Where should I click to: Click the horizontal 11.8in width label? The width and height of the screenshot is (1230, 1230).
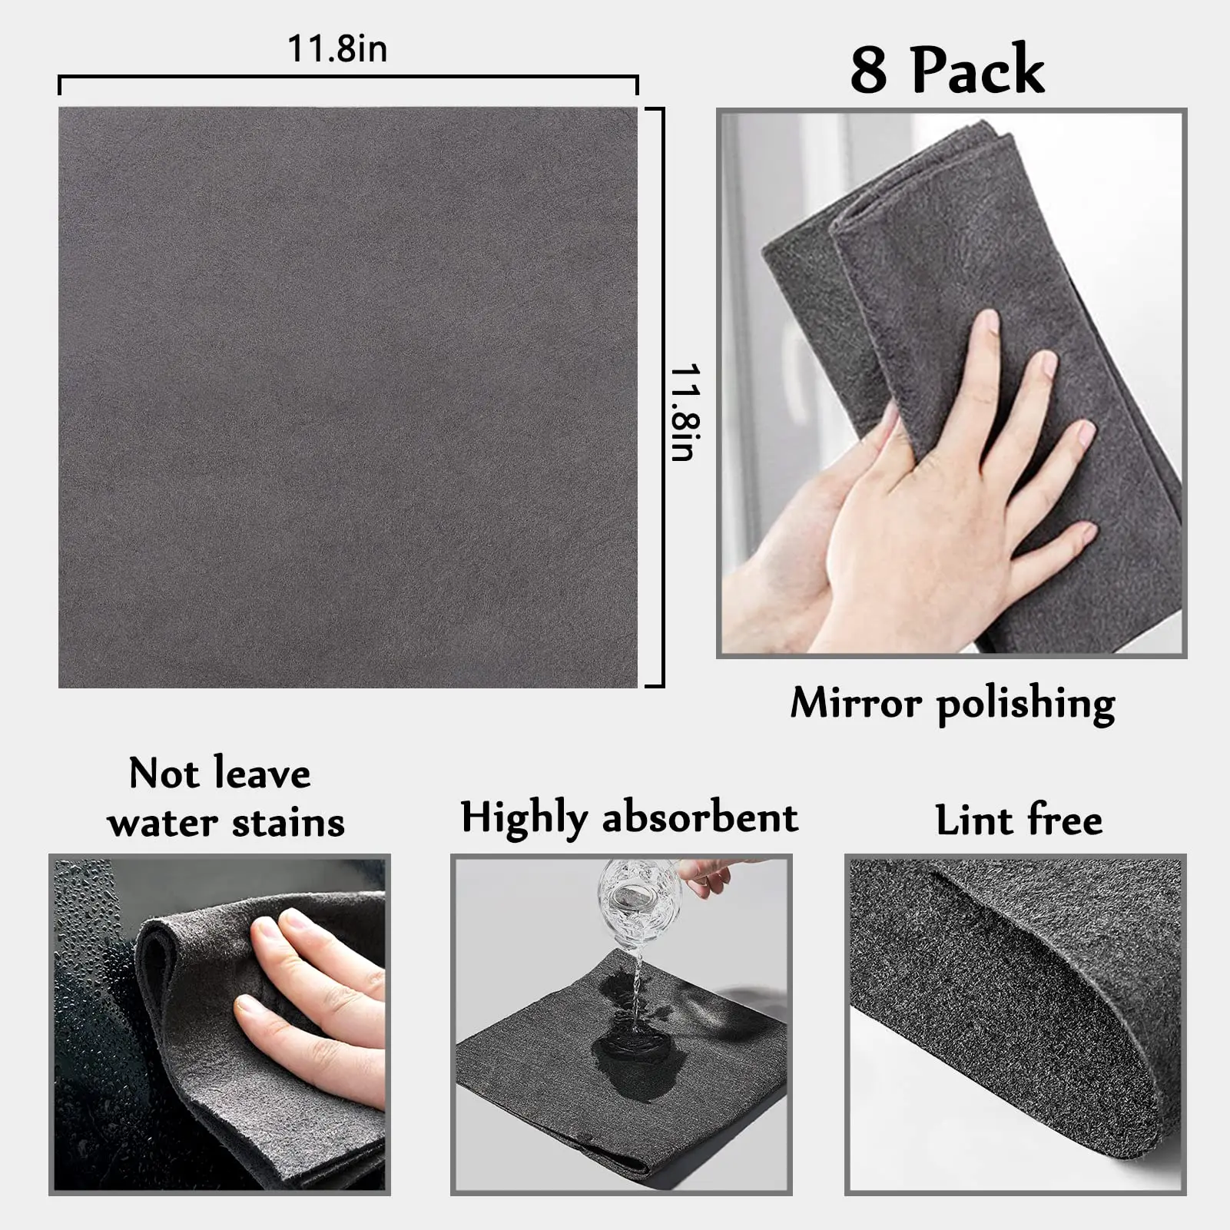point(337,49)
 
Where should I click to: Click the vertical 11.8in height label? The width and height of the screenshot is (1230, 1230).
point(683,413)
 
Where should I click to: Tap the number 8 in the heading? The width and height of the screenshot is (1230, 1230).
point(868,70)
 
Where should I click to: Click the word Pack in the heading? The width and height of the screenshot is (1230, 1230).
point(977,70)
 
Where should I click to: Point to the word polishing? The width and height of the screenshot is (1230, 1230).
point(1026,704)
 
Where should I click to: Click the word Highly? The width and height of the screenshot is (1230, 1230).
point(523,818)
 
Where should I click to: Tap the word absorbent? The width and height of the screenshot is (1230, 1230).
point(700,817)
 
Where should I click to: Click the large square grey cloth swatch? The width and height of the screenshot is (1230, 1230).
point(347,396)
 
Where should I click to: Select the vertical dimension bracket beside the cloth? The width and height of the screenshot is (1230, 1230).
point(661,396)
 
